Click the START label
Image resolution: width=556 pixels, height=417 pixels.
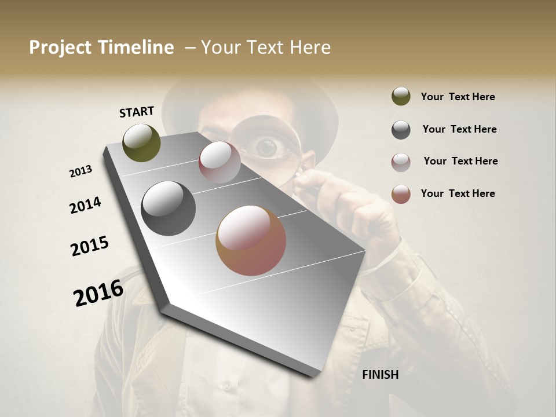coord(137,112)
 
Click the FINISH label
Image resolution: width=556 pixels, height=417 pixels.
coord(380,375)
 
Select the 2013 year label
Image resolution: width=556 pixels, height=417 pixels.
coord(81,171)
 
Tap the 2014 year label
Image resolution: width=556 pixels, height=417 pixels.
coord(85,206)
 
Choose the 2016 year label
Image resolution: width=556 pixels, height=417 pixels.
coord(98,293)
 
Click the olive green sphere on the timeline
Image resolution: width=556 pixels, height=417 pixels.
coord(141,142)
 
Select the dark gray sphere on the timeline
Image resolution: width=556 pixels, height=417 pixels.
coord(168,209)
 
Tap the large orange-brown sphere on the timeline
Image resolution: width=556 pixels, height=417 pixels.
coord(251,240)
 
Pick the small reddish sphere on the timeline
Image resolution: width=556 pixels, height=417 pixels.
coord(220,162)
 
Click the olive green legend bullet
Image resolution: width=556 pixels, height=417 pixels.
coord(401,97)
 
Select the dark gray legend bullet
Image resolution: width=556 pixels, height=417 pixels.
coord(401,130)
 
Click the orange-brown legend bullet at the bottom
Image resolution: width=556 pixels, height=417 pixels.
coord(401,194)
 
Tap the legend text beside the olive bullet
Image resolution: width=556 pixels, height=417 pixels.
coord(458,97)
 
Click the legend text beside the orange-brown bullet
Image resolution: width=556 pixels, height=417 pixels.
coord(458,193)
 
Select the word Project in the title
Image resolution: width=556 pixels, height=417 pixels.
coord(61,47)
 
